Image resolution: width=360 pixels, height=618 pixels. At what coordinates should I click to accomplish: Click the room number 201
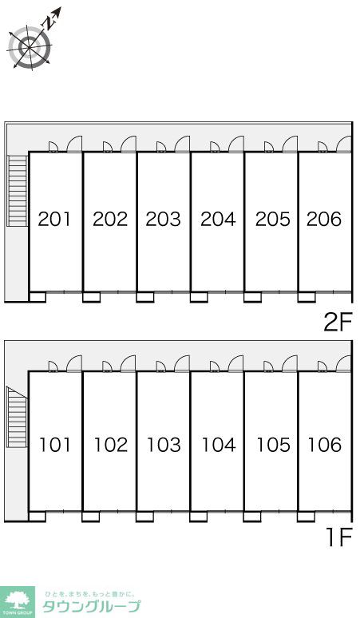[x=54, y=219]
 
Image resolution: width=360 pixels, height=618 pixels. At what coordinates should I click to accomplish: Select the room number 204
[x=218, y=219]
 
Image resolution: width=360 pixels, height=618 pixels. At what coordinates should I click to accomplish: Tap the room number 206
[x=324, y=219]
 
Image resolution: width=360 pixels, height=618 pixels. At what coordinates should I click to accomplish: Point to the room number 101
[x=55, y=445]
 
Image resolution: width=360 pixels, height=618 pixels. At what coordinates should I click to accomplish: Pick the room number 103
[x=164, y=445]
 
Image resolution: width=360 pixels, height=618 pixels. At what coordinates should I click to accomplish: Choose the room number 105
[x=273, y=445]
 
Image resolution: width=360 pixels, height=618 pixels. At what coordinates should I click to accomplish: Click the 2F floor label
[x=338, y=323]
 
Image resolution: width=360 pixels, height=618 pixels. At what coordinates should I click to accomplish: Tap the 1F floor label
[x=339, y=538]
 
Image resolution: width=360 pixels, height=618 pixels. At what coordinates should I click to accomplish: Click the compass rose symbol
[x=30, y=46]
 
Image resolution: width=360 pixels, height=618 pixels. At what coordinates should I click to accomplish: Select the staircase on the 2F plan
[x=18, y=191]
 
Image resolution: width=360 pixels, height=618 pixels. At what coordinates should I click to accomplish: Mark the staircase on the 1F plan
[x=17, y=418]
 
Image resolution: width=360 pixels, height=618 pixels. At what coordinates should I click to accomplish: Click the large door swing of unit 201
[x=74, y=144]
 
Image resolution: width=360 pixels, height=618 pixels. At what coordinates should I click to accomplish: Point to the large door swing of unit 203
[x=182, y=144]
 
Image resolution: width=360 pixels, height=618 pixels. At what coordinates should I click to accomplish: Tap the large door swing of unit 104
[x=236, y=363]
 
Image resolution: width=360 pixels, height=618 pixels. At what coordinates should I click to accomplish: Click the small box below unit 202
[x=91, y=297]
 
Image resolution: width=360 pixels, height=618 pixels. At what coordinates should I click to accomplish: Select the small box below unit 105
[x=251, y=517]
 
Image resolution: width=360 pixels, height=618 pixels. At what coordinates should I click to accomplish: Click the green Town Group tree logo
[x=17, y=602]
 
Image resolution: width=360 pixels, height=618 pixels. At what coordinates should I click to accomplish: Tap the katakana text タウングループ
[x=91, y=606]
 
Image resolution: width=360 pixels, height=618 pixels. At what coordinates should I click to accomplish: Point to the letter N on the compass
[x=49, y=24]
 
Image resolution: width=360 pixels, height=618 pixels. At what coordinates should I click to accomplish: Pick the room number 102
[x=111, y=445]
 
